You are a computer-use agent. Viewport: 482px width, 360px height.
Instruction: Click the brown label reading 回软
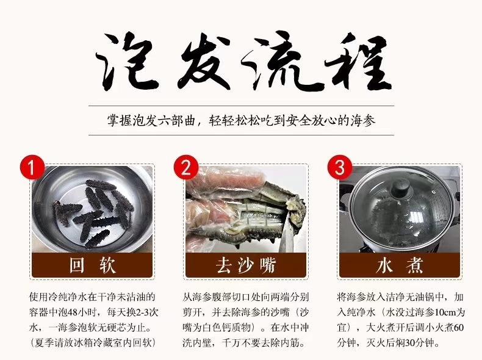91,266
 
